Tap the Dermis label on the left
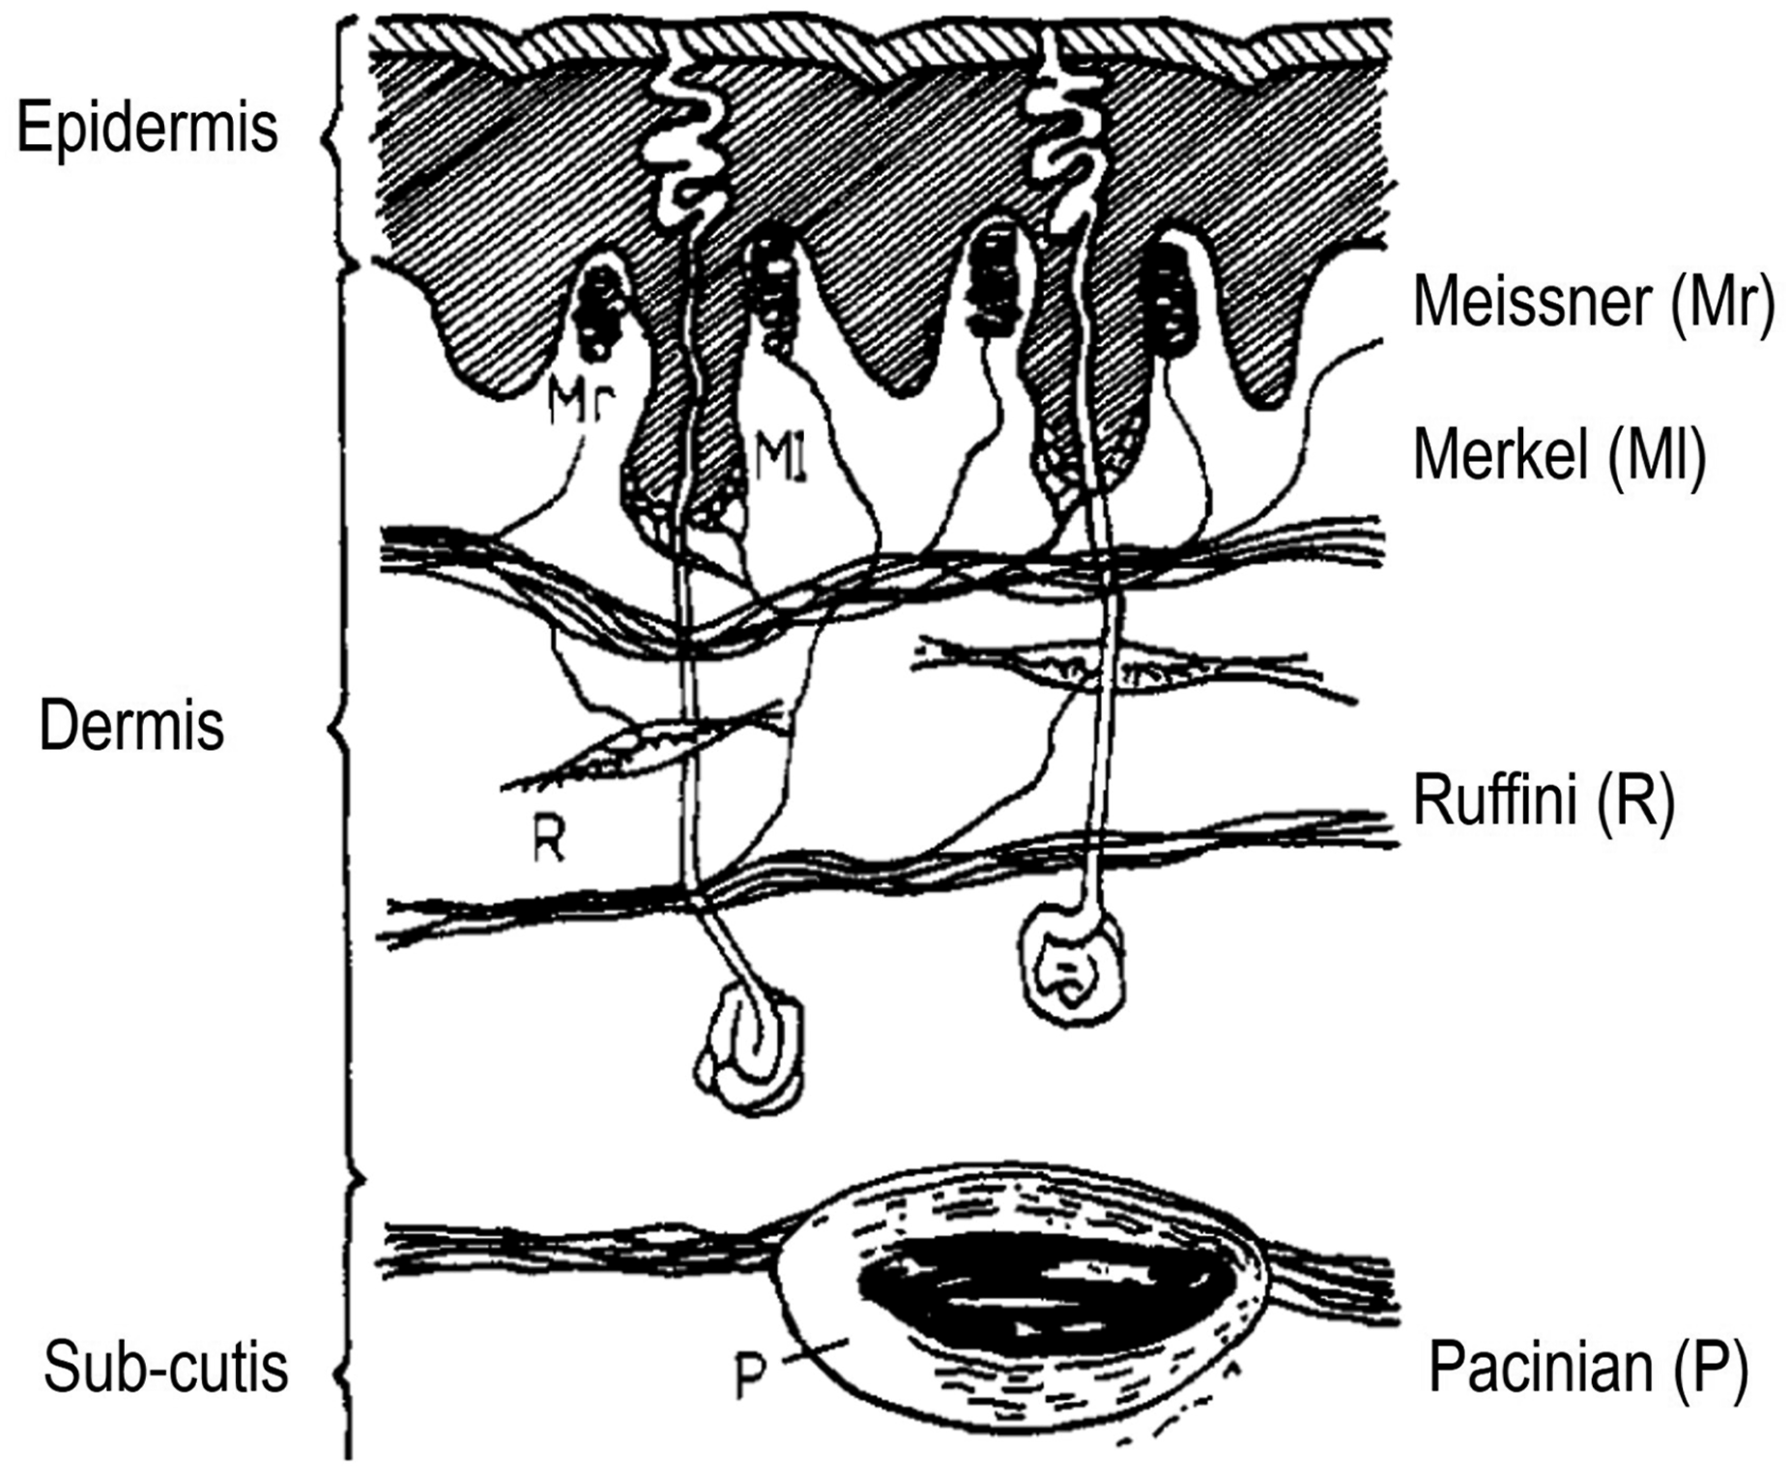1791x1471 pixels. [131, 726]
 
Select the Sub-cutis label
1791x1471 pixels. [165, 1367]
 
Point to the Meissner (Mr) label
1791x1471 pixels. [1594, 303]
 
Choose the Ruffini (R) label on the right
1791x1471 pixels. [1543, 800]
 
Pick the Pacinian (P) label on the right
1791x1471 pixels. [1588, 1367]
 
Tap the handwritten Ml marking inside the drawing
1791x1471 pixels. [780, 456]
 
